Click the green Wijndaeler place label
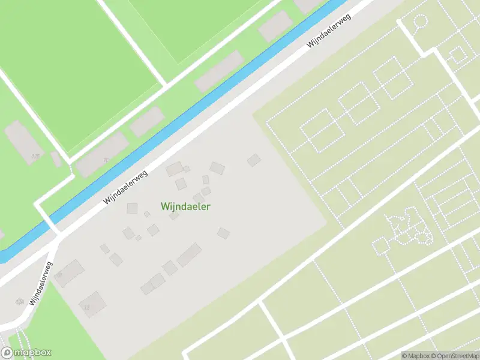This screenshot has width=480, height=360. coord(185,206)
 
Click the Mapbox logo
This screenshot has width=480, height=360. coord(26,353)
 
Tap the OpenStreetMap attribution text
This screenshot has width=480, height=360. coord(454,355)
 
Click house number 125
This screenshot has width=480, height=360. coord(35,156)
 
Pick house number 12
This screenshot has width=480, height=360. coord(86,307)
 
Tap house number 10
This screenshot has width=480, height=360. coord(59,275)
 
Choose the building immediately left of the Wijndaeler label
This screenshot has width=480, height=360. coord(133,208)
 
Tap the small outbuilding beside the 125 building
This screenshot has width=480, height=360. coord(56,159)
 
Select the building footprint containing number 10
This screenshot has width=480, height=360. coord(69,273)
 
